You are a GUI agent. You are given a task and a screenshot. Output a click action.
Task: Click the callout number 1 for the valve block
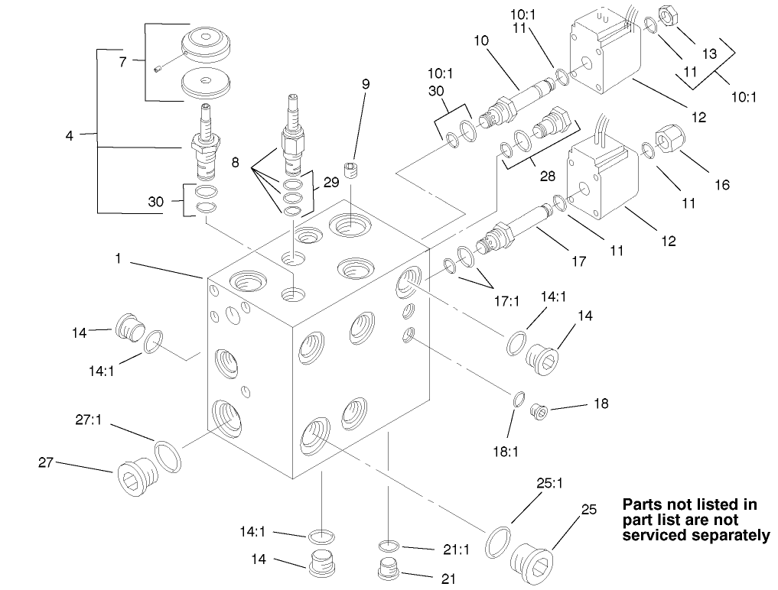click(119, 259)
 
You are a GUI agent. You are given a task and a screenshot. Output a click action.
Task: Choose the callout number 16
click(723, 184)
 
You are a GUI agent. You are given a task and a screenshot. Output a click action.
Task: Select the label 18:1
click(506, 452)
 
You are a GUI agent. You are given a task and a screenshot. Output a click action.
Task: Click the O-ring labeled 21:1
click(389, 546)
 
